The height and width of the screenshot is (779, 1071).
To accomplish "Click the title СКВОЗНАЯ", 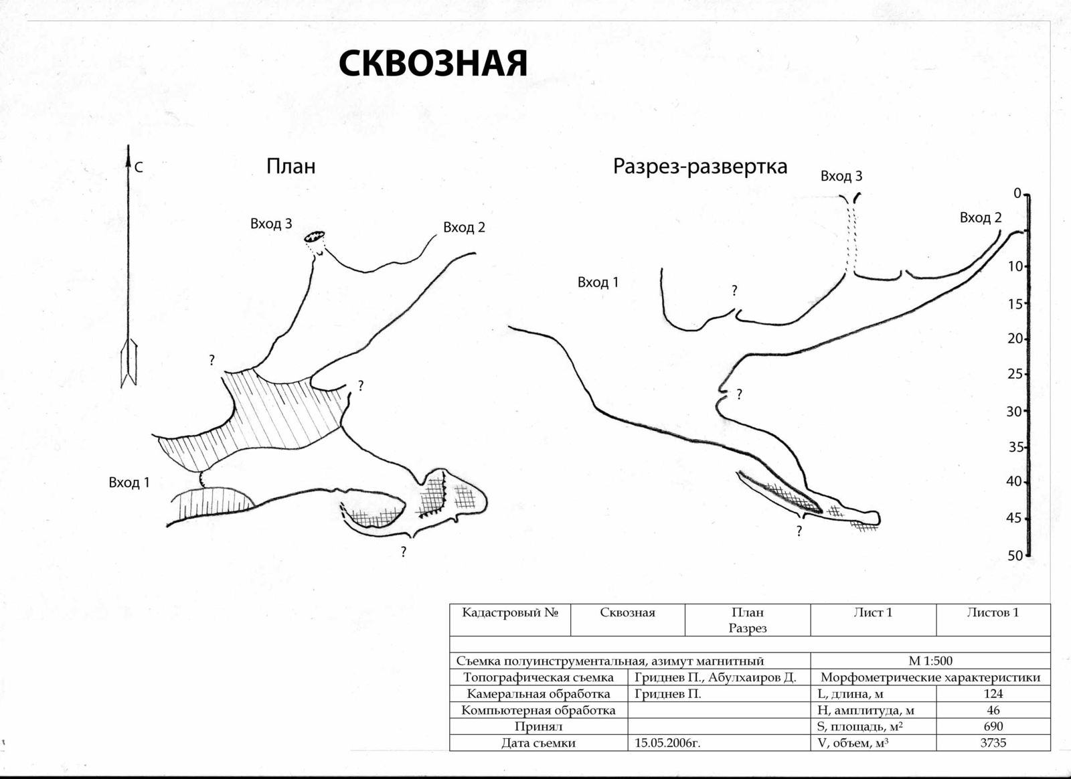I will click(433, 64).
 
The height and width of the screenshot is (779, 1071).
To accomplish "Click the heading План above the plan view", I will click(291, 166).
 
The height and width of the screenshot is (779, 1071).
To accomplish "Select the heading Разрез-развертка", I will click(699, 166).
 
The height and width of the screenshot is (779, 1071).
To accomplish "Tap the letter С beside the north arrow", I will click(139, 168).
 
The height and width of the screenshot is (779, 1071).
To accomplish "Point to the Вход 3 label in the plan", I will click(271, 224).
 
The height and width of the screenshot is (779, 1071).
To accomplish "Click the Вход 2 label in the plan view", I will click(464, 228).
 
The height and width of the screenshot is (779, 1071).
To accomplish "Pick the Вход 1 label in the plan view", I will click(129, 482).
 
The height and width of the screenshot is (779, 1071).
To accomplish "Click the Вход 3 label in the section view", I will click(841, 176).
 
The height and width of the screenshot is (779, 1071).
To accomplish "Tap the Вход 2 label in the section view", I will click(981, 218).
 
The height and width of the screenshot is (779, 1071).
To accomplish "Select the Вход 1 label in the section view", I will click(598, 282).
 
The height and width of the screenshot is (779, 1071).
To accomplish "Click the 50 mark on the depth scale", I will click(1015, 555).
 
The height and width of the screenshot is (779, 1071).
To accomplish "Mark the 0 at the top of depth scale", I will click(1017, 193).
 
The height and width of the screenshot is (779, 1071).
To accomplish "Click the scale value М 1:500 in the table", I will click(930, 661).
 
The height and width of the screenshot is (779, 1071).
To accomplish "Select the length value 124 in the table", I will click(993, 693).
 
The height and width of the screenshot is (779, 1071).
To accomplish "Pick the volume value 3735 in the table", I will click(993, 742).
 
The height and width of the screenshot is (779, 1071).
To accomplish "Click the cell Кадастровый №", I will click(510, 612).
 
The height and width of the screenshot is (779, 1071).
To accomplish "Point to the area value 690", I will click(993, 726).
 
